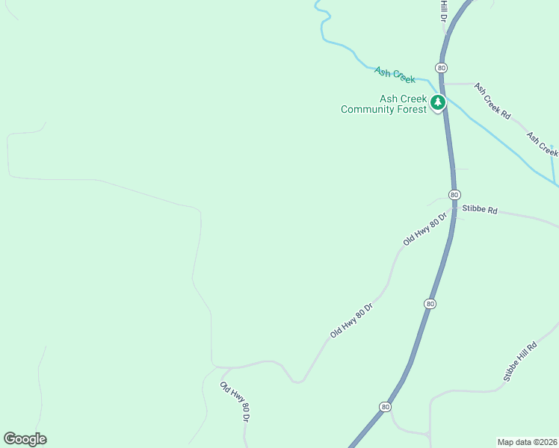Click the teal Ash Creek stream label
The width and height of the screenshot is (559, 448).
click(x=395, y=74)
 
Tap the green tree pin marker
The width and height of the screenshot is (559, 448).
click(x=438, y=103)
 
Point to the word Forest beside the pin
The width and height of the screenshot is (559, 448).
click(x=413, y=109)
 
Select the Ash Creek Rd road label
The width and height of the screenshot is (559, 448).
click(x=492, y=101)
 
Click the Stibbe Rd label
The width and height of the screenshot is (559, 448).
click(x=480, y=211)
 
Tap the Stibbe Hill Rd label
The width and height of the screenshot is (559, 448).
click(x=520, y=362)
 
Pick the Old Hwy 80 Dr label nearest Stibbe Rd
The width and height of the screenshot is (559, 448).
click(x=424, y=229)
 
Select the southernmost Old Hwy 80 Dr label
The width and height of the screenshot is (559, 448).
click(x=233, y=402)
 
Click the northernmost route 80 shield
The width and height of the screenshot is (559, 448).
click(x=442, y=68)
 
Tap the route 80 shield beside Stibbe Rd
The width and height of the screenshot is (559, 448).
click(x=454, y=194)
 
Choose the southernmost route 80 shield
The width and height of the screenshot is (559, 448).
click(x=385, y=407)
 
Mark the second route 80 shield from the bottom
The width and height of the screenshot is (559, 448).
click(x=430, y=304)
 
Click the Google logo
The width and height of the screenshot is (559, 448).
click(x=25, y=439)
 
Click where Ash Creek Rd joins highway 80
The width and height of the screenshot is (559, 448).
click(x=445, y=84)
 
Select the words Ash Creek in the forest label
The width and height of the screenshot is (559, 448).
click(x=403, y=99)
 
